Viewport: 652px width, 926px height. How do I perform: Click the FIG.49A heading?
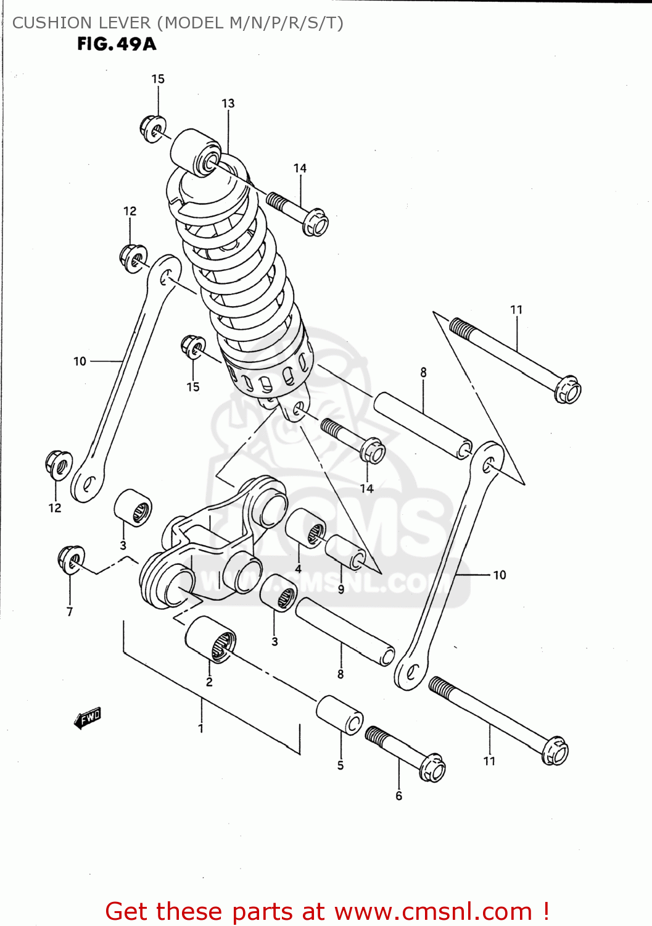[x=117, y=44]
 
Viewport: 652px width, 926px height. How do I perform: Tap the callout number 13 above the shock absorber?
[x=228, y=104]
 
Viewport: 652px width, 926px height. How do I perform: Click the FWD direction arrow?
[x=88, y=718]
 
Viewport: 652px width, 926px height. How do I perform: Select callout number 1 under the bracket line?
[x=201, y=728]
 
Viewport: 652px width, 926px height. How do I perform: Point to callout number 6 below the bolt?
[x=398, y=796]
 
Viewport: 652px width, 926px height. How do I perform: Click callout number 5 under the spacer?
[x=340, y=765]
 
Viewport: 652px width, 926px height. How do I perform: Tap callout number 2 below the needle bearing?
[x=209, y=682]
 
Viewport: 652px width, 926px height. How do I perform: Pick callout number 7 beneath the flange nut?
[x=70, y=612]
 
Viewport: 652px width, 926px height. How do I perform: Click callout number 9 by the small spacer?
[x=341, y=590]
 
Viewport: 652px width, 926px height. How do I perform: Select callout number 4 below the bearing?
[x=299, y=569]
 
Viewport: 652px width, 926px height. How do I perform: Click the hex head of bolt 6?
[x=433, y=767]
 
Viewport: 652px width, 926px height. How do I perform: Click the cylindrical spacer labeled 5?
[x=340, y=715]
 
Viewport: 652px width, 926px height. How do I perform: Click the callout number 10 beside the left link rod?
[x=80, y=361]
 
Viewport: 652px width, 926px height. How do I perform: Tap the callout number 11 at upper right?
[x=516, y=310]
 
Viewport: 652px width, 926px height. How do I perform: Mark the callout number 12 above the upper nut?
[x=130, y=211]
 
